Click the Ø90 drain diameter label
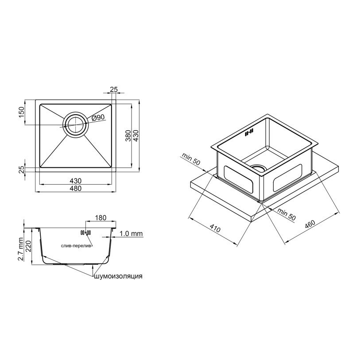pos(98,118)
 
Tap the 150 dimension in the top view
pos(21,112)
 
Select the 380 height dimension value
pos(128,135)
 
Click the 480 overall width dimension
pos(76,188)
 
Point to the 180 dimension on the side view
pos(101,217)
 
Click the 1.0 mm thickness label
pos(131,234)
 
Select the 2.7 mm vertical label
pos(21,249)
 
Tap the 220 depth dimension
pos(28,246)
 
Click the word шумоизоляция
pos(118,276)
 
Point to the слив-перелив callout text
pos(77,246)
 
